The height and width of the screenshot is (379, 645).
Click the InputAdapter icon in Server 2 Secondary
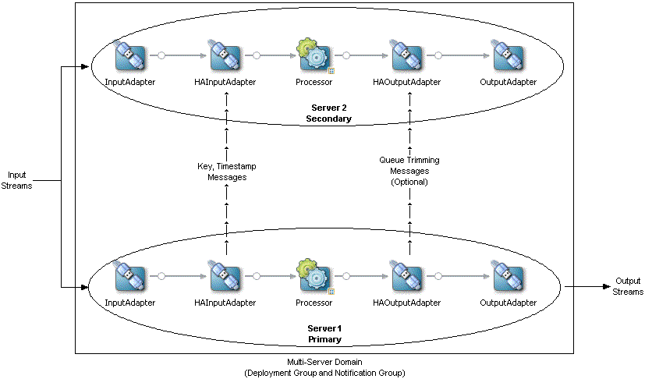point(130,57)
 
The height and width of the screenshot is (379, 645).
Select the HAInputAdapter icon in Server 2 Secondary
point(225,57)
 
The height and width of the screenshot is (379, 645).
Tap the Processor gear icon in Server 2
point(314,57)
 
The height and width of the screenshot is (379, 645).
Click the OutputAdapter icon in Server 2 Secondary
point(508,57)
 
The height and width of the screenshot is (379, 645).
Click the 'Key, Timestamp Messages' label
point(226,172)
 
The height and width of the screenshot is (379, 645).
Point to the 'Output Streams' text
point(628,286)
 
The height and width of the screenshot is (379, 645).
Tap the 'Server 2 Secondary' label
point(328,113)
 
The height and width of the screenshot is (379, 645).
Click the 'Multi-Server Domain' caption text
point(324,363)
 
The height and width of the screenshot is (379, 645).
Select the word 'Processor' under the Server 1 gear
point(314,302)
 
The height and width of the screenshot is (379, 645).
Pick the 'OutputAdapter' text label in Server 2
point(508,82)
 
